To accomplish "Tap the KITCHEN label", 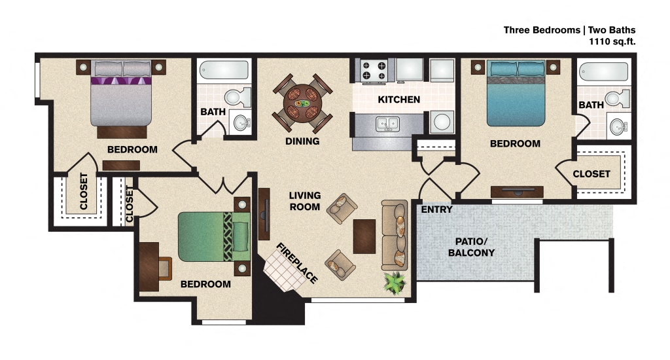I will coord(398,99).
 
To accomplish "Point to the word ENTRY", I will coord(436,209).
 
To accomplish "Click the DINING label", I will coord(302,141).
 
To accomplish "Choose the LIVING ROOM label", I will coord(305,201).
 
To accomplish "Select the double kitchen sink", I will coord(387,123).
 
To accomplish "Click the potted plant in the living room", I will coord(395,282).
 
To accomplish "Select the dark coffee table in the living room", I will coord(364,236).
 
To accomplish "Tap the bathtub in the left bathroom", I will coord(224,69).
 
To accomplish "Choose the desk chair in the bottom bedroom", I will coord(164,268).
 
